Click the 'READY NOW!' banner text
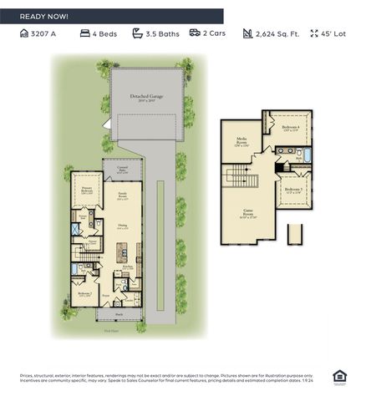tap(45, 16)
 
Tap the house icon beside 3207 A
tap(24, 34)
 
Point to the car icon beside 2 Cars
tap(194, 34)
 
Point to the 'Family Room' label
tap(123, 198)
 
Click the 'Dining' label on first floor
tap(123, 226)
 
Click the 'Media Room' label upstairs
tap(241, 140)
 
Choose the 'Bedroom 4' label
tap(290, 128)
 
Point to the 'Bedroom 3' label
tap(292, 190)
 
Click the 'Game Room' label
tap(248, 212)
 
